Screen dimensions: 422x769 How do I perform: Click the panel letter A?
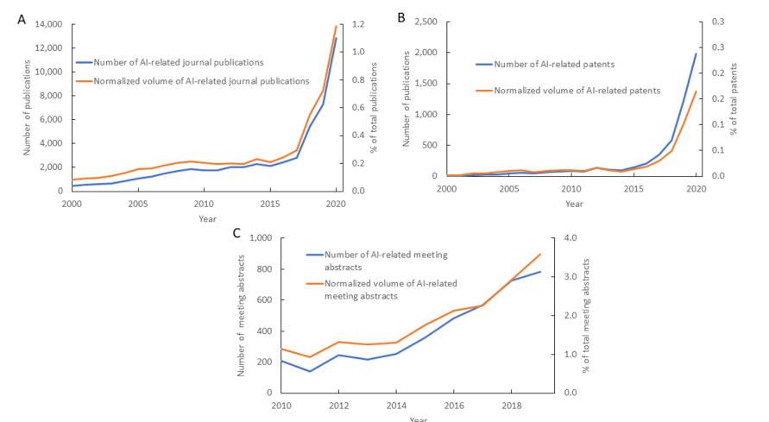click(22, 18)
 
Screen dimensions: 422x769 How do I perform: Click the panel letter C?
click(236, 233)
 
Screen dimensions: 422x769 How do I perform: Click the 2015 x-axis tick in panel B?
click(633, 188)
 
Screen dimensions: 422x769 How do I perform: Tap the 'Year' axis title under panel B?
click(574, 204)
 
